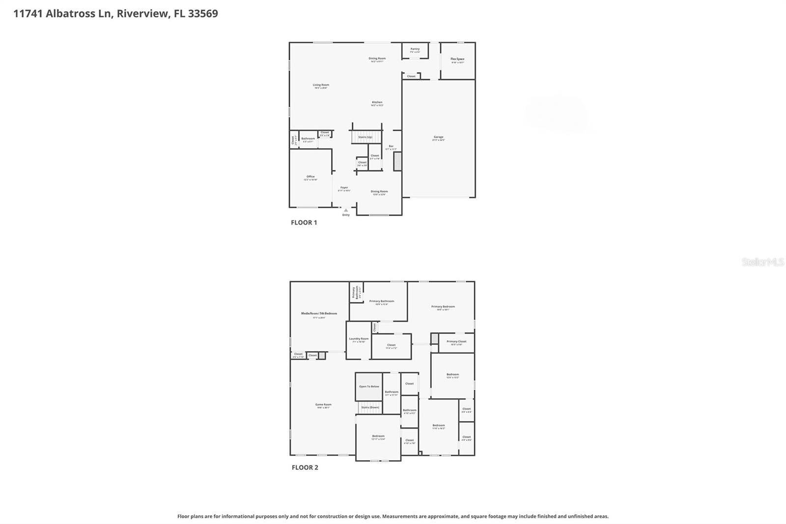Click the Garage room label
(438, 138)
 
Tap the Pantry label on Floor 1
(415, 49)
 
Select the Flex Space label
(457, 59)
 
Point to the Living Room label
(321, 86)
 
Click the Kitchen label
(377, 103)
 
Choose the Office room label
(310, 177)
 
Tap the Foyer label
(344, 188)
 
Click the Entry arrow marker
(346, 210)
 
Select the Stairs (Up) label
(365, 137)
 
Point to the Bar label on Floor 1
(391, 146)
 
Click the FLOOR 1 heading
(304, 223)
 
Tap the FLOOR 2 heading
(305, 467)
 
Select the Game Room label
(323, 405)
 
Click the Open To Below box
(369, 386)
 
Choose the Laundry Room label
(359, 339)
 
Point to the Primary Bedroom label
(443, 307)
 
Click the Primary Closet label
(456, 342)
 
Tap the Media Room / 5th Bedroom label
(319, 314)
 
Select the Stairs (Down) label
(370, 408)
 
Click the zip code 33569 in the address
(202, 13)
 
